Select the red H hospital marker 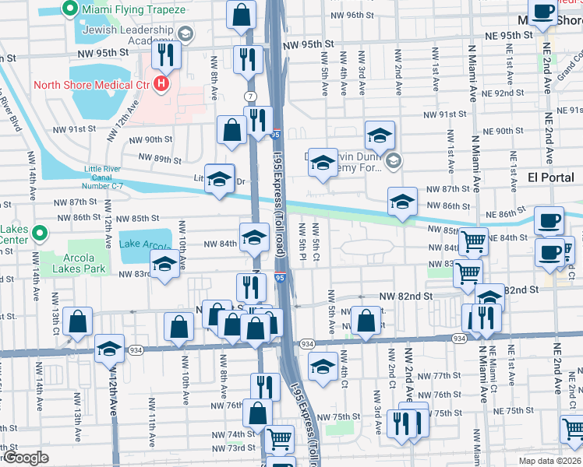pyautogui.click(x=161, y=83)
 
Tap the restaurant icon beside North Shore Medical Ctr pyautogui.click(x=167, y=54)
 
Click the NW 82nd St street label pyautogui.click(x=405, y=297)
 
